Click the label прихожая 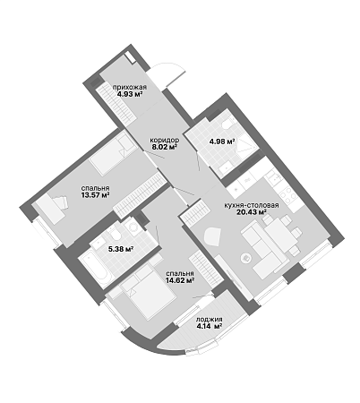pyautogui.click(x=130, y=88)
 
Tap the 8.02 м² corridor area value pyautogui.click(x=164, y=146)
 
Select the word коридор pyautogui.click(x=165, y=140)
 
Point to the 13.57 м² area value pyautogui.click(x=95, y=195)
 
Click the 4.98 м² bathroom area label pyautogui.click(x=221, y=141)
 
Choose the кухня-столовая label pyautogui.click(x=252, y=206)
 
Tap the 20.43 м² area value pyautogui.click(x=252, y=212)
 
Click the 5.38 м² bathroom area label pyautogui.click(x=121, y=248)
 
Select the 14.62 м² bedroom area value pyautogui.click(x=180, y=280)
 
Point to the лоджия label pyautogui.click(x=209, y=320)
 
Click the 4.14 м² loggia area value pyautogui.click(x=209, y=326)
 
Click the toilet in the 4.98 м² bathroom pyautogui.click(x=228, y=124)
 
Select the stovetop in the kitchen pyautogui.click(x=287, y=195)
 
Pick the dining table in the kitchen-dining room pyautogui.click(x=281, y=235)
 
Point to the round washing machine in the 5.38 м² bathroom pyautogui.click(x=132, y=227)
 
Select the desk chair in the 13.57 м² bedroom pyautogui.click(x=61, y=202)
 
